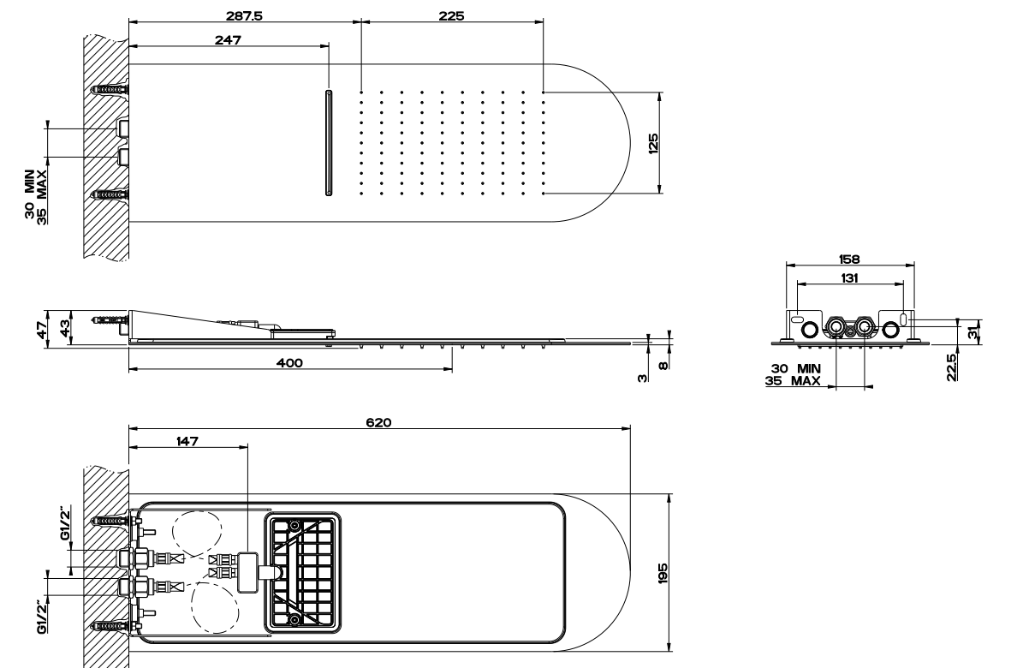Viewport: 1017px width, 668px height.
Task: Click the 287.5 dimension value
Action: click(x=244, y=15)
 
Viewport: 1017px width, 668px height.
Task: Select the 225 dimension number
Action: click(x=451, y=15)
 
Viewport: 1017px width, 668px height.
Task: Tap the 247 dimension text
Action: click(x=229, y=40)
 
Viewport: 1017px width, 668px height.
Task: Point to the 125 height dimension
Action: click(x=653, y=143)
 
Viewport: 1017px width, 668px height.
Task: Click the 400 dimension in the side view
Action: click(x=289, y=363)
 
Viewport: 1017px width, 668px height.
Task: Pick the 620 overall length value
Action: click(x=378, y=422)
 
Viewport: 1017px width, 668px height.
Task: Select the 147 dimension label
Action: click(x=187, y=441)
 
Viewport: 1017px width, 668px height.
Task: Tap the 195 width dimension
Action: click(x=663, y=574)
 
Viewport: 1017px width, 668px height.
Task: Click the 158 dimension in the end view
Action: click(x=849, y=259)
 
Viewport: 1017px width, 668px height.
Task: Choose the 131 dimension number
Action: click(x=849, y=277)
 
